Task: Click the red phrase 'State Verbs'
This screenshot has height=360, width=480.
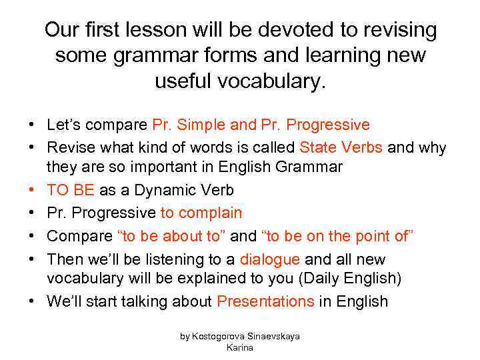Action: click(341, 147)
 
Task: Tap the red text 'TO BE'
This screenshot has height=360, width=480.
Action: click(71, 190)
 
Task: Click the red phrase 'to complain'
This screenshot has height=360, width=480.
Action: click(201, 213)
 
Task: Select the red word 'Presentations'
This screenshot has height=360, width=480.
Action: click(265, 301)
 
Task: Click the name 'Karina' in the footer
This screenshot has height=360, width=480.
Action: click(240, 347)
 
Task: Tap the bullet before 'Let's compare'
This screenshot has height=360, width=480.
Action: click(31, 125)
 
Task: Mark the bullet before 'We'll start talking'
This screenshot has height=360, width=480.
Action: click(31, 301)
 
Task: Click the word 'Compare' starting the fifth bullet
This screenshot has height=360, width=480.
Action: click(79, 236)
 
